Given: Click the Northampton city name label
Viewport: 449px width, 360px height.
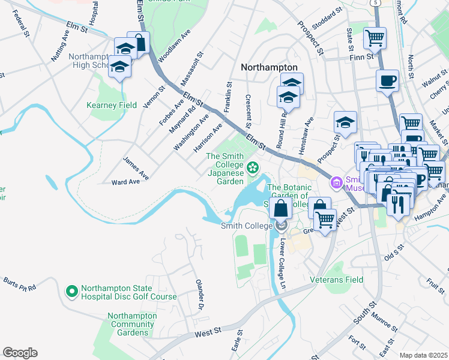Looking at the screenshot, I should click(x=269, y=68).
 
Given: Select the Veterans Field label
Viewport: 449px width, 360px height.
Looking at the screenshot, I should click(x=336, y=280).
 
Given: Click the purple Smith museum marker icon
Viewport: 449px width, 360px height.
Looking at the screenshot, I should click(x=336, y=182).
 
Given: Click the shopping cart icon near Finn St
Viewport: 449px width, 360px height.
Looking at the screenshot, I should click(x=375, y=38).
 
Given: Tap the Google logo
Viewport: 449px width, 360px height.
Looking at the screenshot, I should click(x=20, y=353).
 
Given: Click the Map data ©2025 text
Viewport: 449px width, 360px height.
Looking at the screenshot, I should click(x=423, y=355).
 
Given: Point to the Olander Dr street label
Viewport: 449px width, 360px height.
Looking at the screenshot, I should click(x=200, y=293).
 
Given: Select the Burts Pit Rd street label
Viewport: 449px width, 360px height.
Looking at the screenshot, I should click(x=20, y=284).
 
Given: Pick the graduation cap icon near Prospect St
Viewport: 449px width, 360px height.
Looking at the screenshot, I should click(x=345, y=122).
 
